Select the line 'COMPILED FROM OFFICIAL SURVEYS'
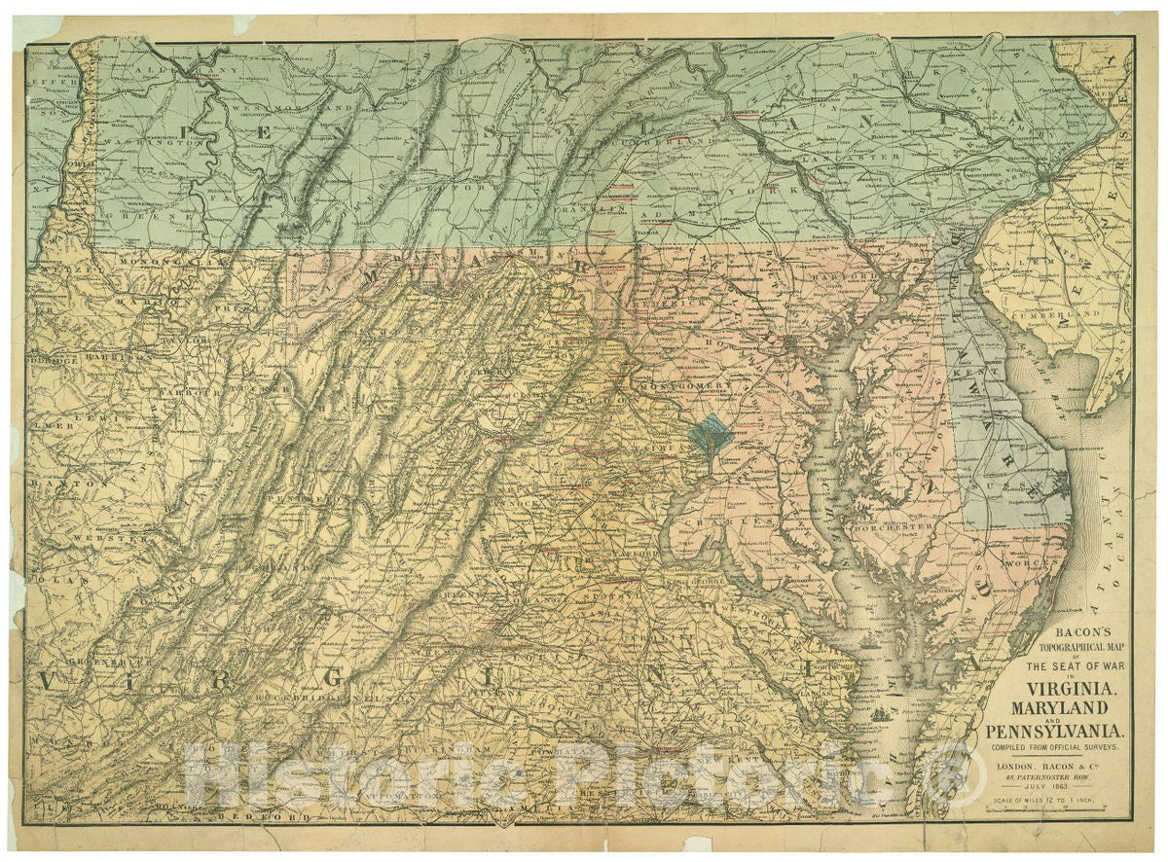pos(1055,746)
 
